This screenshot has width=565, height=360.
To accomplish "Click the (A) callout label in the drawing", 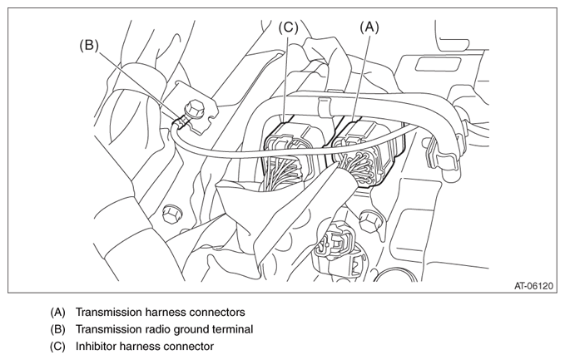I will (x=369, y=27).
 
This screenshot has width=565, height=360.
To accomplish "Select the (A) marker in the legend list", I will (x=57, y=313).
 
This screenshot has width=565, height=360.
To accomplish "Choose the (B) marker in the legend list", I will (x=57, y=329).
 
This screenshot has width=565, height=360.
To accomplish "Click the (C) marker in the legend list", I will (x=57, y=346).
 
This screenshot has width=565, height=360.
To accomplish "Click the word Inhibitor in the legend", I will (x=99, y=346).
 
